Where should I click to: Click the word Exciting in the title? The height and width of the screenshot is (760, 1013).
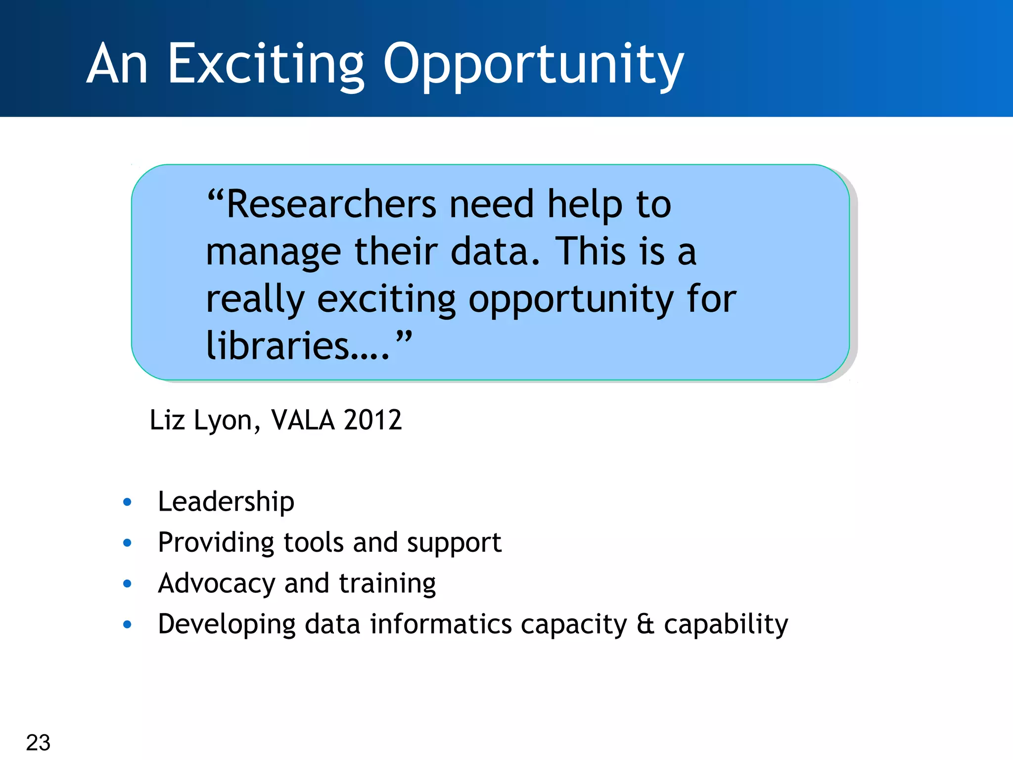tap(266, 65)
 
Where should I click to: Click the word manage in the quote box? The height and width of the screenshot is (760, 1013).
tap(273, 252)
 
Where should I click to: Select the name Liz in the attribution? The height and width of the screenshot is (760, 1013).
tap(167, 420)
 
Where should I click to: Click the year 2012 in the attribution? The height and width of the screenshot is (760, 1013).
tap(372, 420)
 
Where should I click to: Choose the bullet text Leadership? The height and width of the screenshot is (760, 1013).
tap(226, 502)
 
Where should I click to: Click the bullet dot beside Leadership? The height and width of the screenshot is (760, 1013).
tap(127, 502)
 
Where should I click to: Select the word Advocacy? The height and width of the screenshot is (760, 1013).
tap(216, 584)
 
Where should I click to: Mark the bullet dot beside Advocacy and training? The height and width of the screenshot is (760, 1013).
tap(127, 584)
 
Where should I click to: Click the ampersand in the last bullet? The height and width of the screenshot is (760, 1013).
tap(645, 624)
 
